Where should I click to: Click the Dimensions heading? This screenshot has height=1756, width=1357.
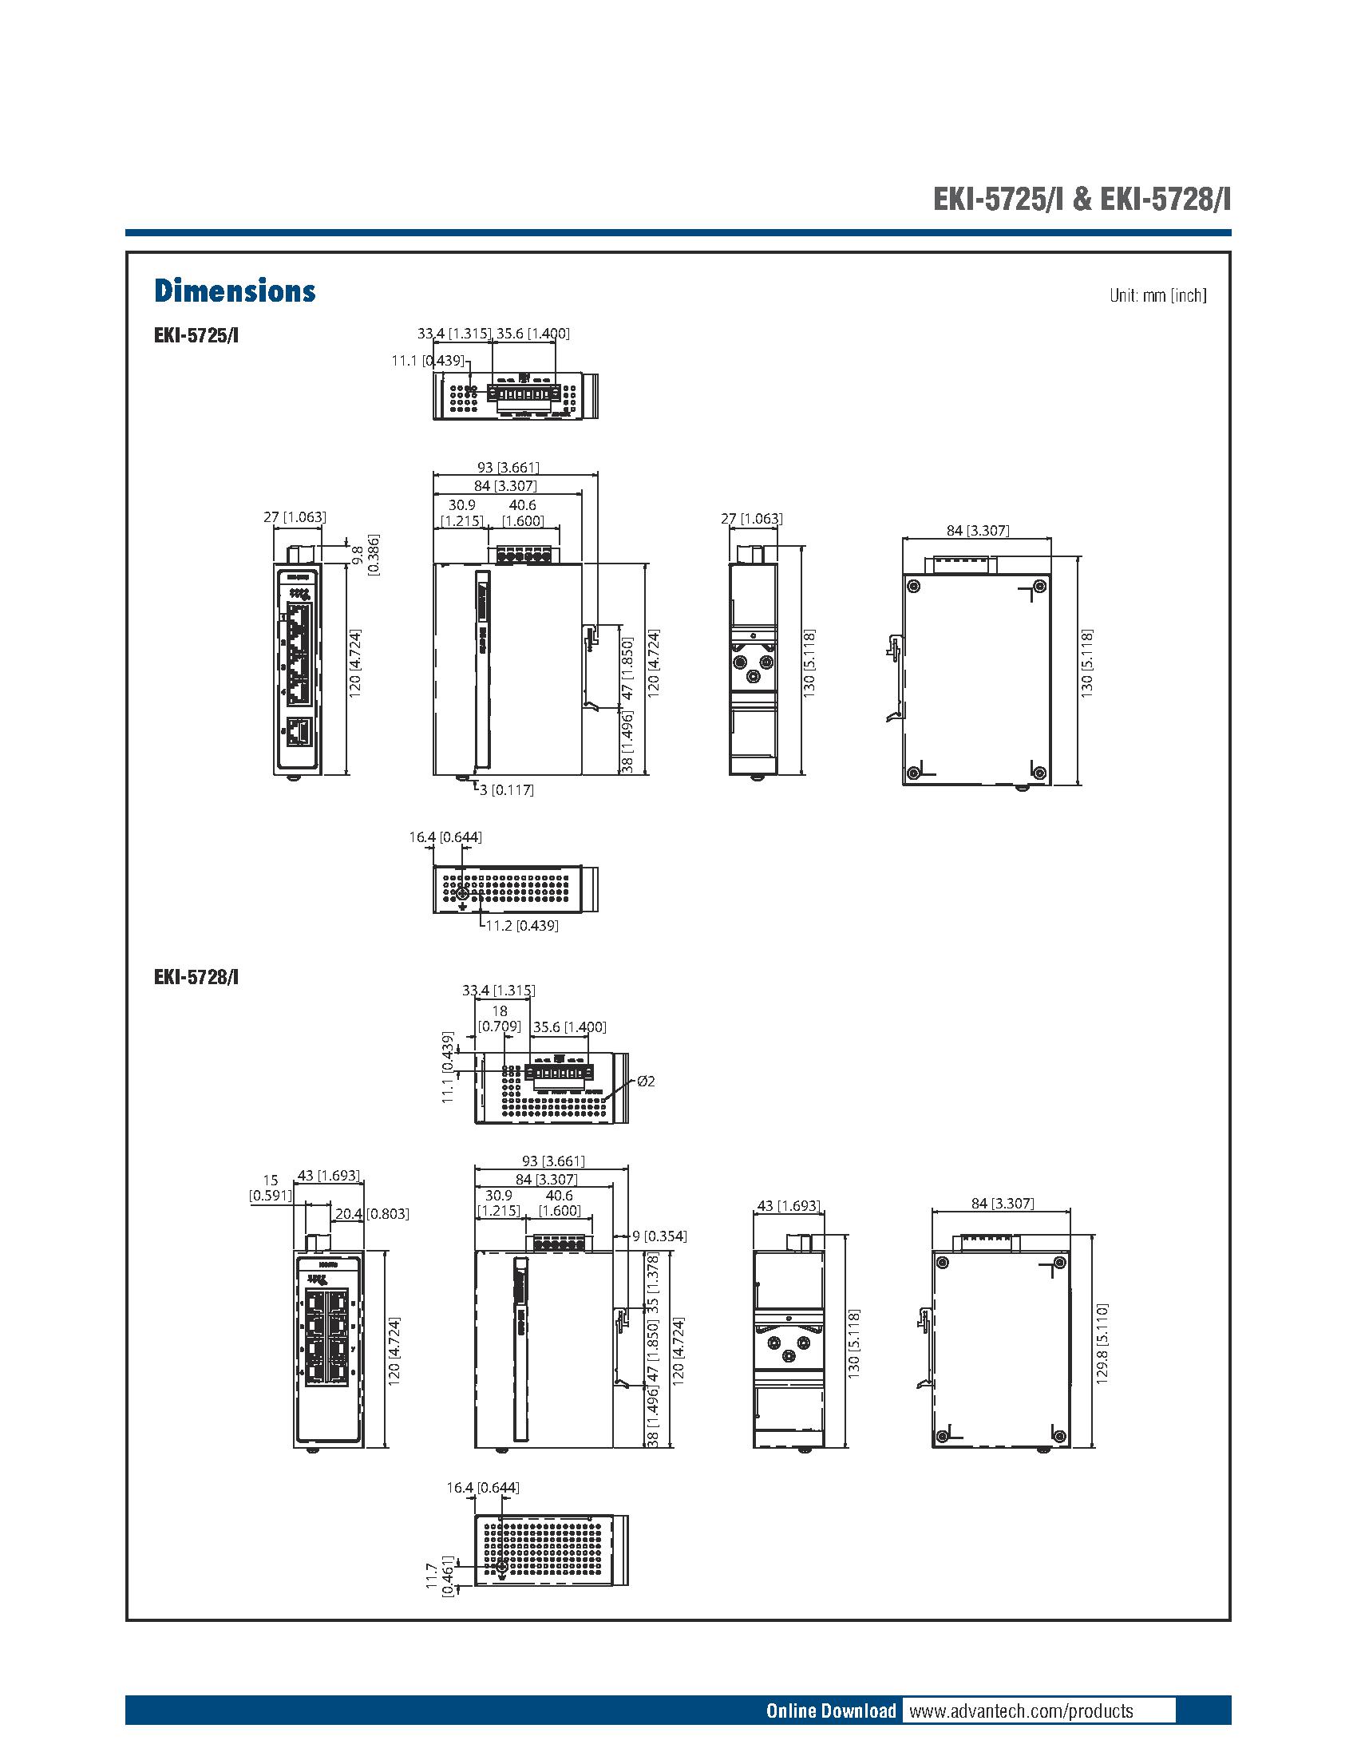[x=234, y=291]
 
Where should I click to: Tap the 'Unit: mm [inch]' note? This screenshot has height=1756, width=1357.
[x=1157, y=295]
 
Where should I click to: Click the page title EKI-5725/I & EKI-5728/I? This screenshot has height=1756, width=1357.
[x=1081, y=199]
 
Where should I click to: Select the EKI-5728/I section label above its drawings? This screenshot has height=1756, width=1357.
[x=196, y=977]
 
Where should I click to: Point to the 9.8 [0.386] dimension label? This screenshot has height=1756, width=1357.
[x=366, y=555]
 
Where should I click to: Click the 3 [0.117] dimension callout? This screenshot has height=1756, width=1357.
[x=506, y=789]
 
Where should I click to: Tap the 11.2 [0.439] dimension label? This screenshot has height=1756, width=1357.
[x=522, y=925]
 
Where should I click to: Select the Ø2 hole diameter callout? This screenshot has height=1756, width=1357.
[x=646, y=1082]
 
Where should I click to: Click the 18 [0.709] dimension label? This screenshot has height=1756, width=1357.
[x=499, y=1018]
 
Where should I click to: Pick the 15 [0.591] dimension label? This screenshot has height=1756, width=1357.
[x=270, y=1188]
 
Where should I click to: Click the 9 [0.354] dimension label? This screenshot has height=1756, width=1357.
[x=659, y=1236]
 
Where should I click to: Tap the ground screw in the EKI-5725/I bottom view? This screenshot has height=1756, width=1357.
[x=462, y=894]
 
